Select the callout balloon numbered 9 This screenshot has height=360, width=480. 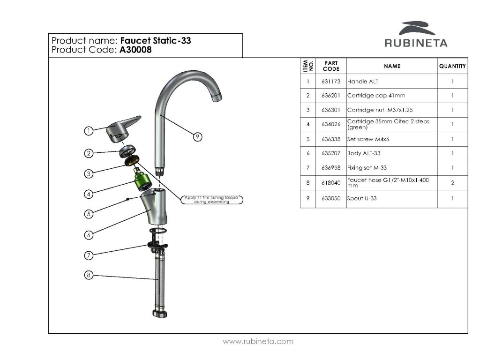[198, 136]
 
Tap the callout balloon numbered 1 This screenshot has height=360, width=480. [88, 131]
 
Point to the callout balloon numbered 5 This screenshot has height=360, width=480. [88, 214]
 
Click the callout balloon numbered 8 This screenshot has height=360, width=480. [88, 275]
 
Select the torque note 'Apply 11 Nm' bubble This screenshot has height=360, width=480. [211, 200]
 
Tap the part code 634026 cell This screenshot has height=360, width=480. [331, 124]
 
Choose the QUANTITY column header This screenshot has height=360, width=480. [452, 66]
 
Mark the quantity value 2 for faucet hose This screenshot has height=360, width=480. [452, 183]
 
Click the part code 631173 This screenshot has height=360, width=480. [331, 81]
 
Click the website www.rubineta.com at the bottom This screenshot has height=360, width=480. [258, 342]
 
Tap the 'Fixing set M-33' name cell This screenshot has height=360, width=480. [367, 168]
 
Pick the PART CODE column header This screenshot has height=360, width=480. [331, 66]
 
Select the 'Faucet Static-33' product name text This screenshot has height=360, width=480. [156, 41]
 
